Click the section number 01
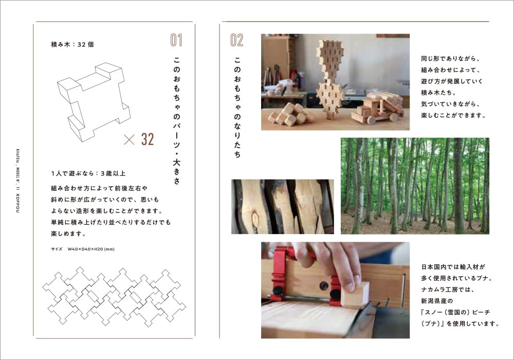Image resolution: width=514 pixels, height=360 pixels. [176, 40]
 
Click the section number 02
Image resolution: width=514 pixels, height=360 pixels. [237, 40]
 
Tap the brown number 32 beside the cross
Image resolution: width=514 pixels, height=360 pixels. [148, 139]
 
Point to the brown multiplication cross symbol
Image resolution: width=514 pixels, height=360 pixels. [129, 140]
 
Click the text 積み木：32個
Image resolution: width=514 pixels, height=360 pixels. [72, 44]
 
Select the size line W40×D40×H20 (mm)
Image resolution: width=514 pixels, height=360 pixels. [83, 249]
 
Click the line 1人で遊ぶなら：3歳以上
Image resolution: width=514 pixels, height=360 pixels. [88, 173]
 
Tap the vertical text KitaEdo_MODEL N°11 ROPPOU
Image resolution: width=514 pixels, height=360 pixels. [17, 181]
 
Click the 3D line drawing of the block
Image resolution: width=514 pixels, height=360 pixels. [94, 102]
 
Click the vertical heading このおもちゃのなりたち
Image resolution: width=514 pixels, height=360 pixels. [237, 107]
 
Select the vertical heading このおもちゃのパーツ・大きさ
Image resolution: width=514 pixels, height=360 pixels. [177, 120]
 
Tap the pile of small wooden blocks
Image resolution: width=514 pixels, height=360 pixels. [287, 114]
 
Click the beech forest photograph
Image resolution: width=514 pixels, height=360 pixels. [415, 186]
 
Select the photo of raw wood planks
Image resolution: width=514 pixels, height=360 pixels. [283, 207]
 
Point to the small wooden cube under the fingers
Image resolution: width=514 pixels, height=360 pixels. [355, 294]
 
